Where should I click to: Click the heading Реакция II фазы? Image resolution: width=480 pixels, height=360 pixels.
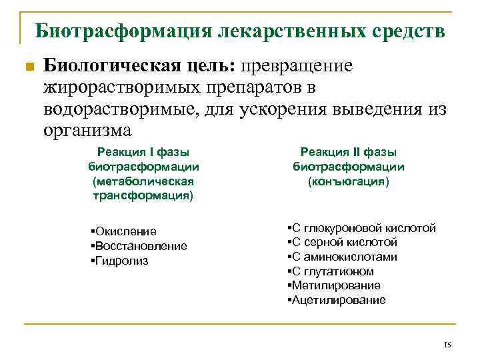[x=349, y=152]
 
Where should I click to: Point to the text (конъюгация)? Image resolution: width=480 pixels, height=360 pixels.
[x=349, y=181]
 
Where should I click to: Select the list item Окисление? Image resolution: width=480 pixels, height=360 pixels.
[x=125, y=231]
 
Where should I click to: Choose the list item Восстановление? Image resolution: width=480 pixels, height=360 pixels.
[x=141, y=246]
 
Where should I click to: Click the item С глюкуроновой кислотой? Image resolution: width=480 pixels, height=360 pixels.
[x=363, y=228]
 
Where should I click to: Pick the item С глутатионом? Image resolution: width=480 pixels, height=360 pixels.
[x=333, y=271]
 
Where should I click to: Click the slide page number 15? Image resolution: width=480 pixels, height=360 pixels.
[x=447, y=345]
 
